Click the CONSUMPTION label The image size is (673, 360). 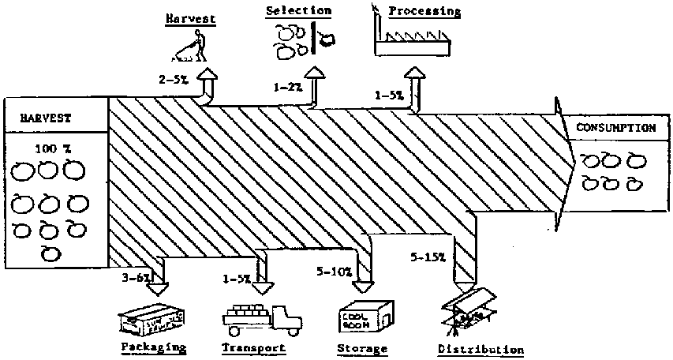tap(615, 128)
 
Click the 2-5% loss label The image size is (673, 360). tap(172, 80)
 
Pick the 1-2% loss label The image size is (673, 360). tap(288, 88)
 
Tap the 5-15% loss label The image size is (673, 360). tap(428, 258)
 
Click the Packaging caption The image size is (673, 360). tap(153, 347)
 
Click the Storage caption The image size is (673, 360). tap(362, 347)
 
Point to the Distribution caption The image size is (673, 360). tap(480, 349)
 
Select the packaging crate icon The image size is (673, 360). tap(151, 319)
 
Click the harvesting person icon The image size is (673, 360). tap(189, 46)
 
